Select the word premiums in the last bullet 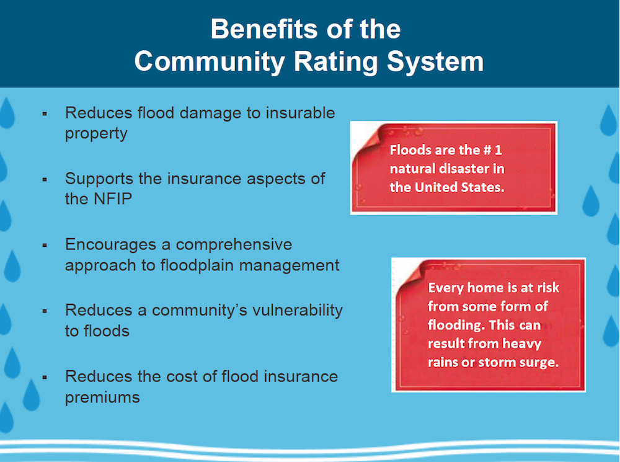click(102, 397)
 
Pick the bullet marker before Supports click(45, 179)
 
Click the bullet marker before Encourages click(45, 245)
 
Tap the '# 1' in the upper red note click(489, 150)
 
